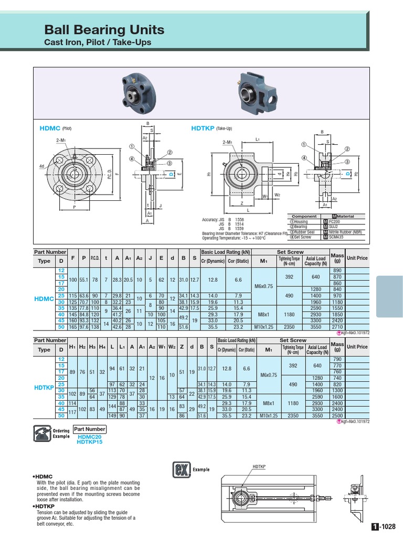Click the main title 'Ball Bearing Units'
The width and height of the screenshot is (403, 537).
pyautogui.click(x=104, y=29)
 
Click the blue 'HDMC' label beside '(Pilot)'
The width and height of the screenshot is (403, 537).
pyautogui.click(x=50, y=128)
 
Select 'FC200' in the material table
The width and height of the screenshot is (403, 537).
pyautogui.click(x=335, y=221)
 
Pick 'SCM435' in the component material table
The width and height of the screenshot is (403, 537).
pyautogui.click(x=336, y=237)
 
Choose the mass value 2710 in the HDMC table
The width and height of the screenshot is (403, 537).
pyautogui.click(x=337, y=327)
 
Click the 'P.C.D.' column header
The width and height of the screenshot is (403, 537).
pyautogui.click(x=95, y=257)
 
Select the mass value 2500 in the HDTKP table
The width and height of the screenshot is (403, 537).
pyautogui.click(x=337, y=415)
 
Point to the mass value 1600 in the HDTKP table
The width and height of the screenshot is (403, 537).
pyautogui.click(x=337, y=397)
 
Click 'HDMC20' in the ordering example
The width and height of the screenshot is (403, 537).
pyautogui.click(x=89, y=437)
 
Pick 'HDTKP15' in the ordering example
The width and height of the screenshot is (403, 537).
pyautogui.click(x=90, y=442)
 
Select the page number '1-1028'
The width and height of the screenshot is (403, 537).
pyautogui.click(x=384, y=527)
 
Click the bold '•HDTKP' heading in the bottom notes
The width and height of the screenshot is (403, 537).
pyautogui.click(x=44, y=507)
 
